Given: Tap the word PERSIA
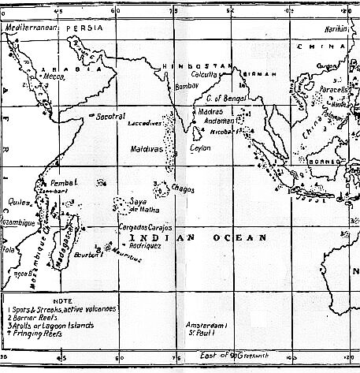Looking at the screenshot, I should [x=82, y=27].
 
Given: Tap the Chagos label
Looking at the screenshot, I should [x=185, y=188].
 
